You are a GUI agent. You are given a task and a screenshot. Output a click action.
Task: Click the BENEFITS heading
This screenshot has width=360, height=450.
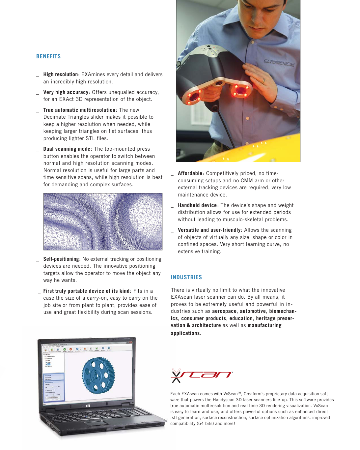pos(48,56)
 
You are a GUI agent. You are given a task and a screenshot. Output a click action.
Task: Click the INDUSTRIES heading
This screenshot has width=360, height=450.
pos(186,277)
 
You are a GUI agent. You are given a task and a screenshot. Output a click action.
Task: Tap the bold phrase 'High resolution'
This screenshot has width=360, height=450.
pos(61,75)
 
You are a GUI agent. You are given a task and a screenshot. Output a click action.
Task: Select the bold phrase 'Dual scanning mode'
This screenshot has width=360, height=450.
pos(67,149)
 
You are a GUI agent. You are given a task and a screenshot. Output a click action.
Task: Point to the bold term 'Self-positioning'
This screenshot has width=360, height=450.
pos(61,259)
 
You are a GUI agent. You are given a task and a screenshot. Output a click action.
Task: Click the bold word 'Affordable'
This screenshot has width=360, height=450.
pos(190,173)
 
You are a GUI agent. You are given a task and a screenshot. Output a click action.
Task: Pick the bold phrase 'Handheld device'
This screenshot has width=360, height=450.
pos(197,205)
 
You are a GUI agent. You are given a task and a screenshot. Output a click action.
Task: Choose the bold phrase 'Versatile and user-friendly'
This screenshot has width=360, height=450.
pos(209,230)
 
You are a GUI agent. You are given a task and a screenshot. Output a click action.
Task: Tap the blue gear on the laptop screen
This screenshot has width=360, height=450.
pos(98,375)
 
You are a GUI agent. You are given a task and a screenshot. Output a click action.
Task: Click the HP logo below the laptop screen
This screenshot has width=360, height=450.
pos(88,406)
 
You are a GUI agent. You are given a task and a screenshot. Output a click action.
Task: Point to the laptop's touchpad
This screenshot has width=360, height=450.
pos(96,423)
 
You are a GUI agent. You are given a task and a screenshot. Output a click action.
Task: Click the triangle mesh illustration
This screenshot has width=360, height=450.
pos(103,222)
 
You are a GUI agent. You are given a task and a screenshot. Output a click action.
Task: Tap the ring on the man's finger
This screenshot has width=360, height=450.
pos(263,80)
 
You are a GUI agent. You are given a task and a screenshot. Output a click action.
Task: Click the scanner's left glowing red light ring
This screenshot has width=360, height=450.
pos(195,96)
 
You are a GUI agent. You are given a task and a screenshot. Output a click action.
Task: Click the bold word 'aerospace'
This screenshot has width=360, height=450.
pos(224,311)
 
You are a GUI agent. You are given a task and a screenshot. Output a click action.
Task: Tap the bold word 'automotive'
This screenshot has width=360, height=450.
pos(253,311)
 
